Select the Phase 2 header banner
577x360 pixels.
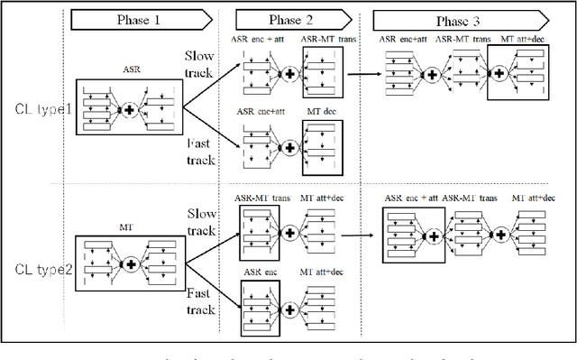(291, 17)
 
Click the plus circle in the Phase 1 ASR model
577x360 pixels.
(129, 109)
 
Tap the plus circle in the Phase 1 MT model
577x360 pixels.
(130, 263)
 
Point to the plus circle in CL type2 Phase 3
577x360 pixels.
(434, 236)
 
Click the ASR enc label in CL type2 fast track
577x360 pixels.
(259, 270)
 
